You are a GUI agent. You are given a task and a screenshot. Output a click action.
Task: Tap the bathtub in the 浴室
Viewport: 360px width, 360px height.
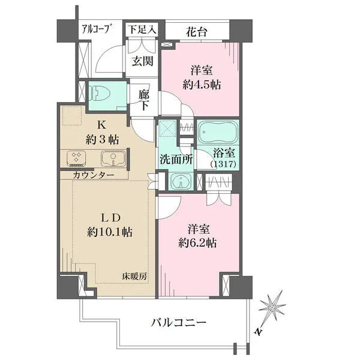point(218,132)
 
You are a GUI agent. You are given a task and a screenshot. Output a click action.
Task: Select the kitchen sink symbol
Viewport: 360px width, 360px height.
point(113,158)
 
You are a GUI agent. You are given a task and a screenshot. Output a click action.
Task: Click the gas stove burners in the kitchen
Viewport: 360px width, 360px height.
point(76,158)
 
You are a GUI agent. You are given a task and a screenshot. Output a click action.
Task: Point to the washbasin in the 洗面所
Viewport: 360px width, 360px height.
point(181,181)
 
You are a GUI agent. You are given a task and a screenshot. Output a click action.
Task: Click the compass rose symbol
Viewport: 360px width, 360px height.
point(273,307)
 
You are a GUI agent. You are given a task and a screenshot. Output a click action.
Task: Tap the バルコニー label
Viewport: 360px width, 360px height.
point(178,323)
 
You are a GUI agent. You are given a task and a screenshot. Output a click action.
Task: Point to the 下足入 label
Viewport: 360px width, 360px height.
point(142,29)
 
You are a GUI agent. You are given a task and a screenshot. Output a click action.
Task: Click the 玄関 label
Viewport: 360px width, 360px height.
point(142,61)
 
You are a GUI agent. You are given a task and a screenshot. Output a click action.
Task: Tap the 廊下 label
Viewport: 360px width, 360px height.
point(144,101)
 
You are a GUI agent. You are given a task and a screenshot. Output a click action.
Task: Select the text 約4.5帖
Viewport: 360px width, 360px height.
point(202,85)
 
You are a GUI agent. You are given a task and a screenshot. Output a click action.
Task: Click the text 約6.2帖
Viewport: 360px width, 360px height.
point(197,243)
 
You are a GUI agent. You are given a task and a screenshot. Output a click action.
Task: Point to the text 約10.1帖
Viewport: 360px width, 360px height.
point(110,232)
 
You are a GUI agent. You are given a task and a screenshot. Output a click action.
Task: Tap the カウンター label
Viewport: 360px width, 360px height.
point(94,175)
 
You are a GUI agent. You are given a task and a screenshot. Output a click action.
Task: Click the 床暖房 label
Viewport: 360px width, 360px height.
point(134,277)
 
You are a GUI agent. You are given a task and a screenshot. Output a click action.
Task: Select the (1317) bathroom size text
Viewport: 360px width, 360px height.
point(223,164)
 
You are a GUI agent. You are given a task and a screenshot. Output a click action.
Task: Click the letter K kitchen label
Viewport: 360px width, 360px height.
point(102,125)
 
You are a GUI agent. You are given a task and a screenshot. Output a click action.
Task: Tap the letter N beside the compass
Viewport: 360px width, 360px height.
point(259,332)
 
